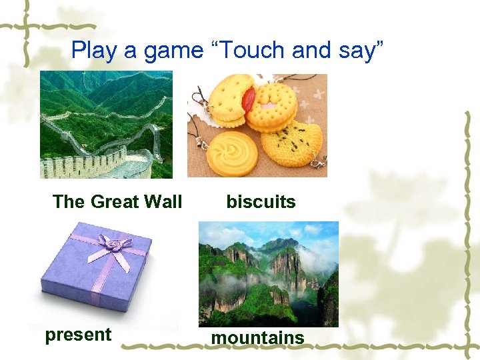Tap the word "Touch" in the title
241,50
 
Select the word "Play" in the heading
92,50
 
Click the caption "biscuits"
261,202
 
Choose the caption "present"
78,335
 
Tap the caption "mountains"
257,338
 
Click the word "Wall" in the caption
163,202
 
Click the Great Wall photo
105,125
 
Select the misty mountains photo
268,274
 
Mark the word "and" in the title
295,50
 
